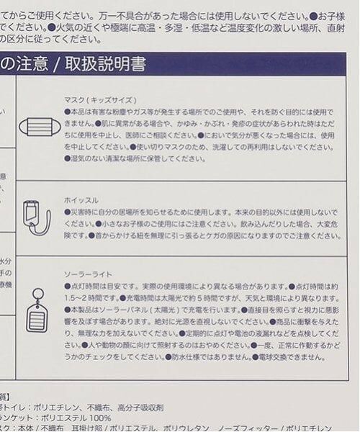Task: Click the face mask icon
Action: coord(40,127)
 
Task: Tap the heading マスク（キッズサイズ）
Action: coord(100,99)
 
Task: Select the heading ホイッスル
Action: coord(81,199)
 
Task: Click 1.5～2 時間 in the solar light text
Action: coord(86,297)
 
